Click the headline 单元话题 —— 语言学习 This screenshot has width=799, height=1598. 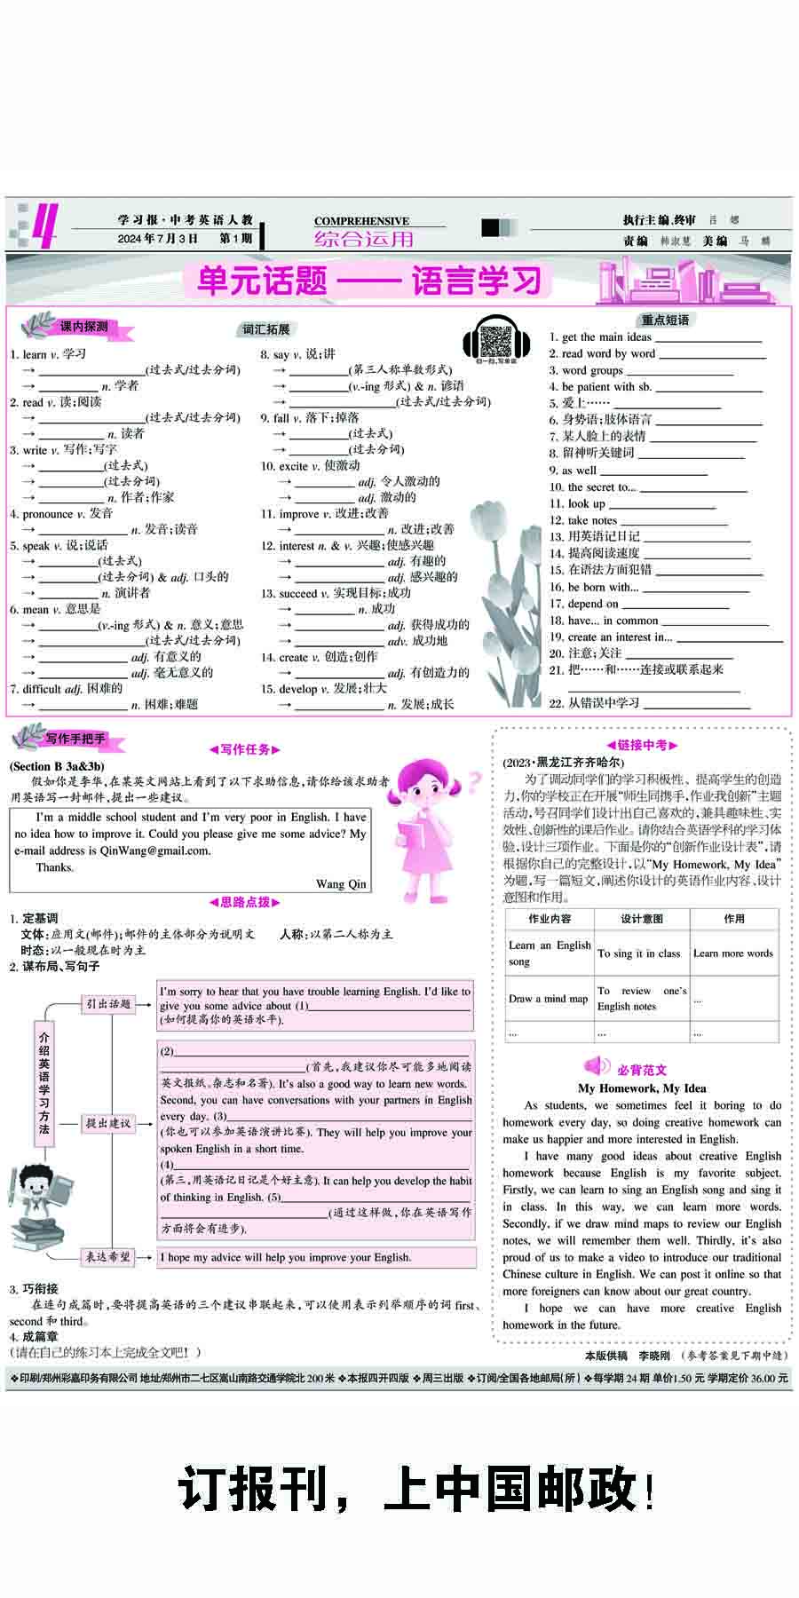click(368, 281)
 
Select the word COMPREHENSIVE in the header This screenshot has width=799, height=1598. click(361, 221)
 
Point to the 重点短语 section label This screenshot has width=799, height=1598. click(665, 320)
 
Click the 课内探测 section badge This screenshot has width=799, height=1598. click(83, 328)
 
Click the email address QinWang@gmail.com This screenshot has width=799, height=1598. click(155, 850)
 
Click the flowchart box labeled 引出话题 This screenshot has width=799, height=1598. click(108, 1004)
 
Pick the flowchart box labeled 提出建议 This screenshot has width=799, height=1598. click(108, 1123)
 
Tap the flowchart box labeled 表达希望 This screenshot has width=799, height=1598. click(108, 1256)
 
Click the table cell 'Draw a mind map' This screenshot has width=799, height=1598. click(549, 999)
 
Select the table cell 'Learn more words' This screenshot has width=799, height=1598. click(733, 953)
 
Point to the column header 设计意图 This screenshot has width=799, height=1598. click(642, 919)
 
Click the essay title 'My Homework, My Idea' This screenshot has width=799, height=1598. click(642, 1088)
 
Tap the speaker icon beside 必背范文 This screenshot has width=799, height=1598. click(596, 1066)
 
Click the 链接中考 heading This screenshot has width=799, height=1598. click(642, 746)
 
